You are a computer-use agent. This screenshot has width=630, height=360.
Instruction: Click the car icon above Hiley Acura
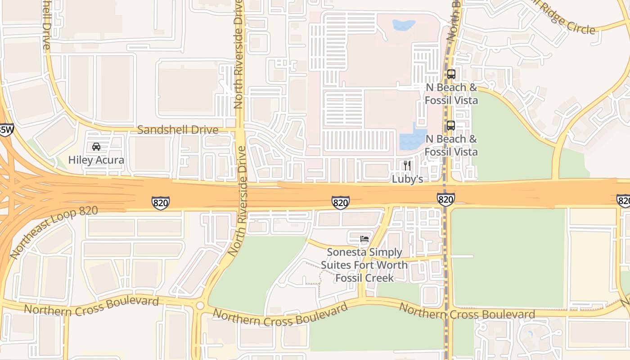point(96,147)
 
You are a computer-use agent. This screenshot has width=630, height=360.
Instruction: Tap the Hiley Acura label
point(96,160)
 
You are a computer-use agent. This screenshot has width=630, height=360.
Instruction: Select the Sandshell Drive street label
point(178,130)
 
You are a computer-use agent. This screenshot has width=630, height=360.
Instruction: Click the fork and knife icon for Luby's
point(407,165)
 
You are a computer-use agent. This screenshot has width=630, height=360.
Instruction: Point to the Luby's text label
point(407,179)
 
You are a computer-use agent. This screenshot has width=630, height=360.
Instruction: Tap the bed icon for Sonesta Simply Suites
point(364,238)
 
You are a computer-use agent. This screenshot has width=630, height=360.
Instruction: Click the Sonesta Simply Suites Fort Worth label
point(364,265)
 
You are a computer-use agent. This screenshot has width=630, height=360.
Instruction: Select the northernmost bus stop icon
point(451,74)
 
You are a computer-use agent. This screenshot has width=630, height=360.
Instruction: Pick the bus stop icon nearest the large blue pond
point(450,126)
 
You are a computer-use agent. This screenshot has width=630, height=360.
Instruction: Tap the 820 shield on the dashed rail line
point(445,199)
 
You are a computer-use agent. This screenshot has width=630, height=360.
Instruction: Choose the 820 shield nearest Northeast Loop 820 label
point(161,203)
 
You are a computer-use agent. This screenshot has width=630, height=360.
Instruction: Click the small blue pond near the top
point(404,25)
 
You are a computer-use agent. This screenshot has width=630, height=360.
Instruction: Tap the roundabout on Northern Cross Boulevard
point(200,306)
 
